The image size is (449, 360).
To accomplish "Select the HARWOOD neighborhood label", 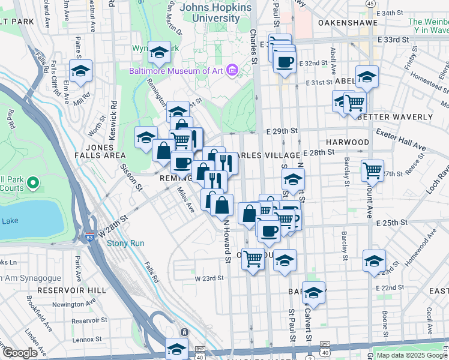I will tap(348, 142).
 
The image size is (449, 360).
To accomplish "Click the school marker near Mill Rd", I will tap(80, 71).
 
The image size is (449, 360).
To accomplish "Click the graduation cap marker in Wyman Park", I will tap(159, 53).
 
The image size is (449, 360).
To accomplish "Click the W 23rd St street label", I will tap(208, 278).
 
